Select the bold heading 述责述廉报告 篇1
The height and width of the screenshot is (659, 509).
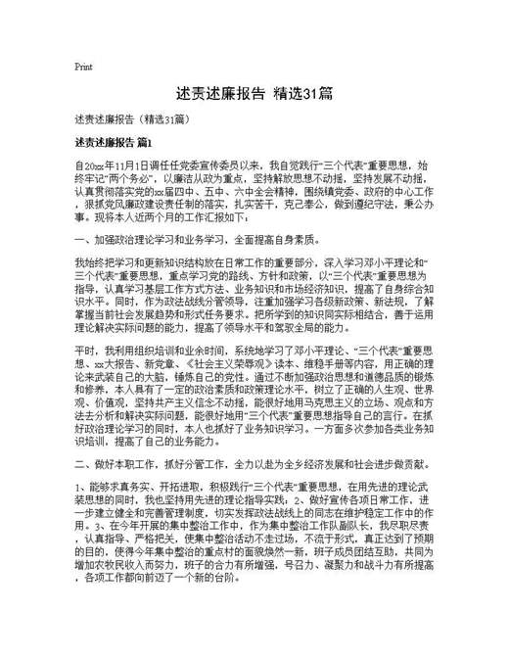click(x=113, y=143)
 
